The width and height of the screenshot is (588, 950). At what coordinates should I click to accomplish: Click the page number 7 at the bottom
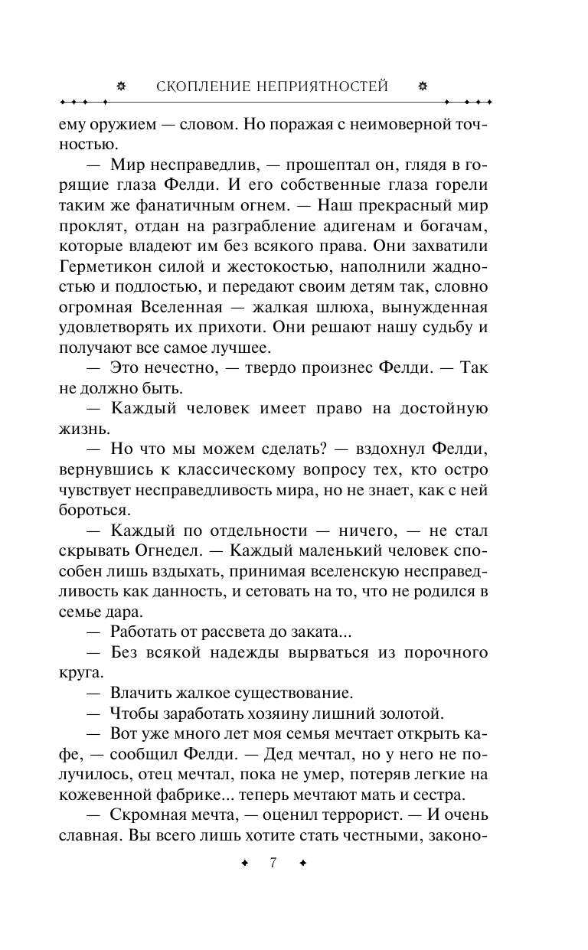click(x=273, y=863)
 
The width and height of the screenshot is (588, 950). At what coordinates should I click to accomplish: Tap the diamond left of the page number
click(x=244, y=863)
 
